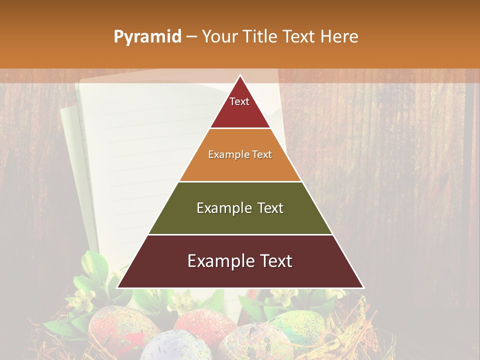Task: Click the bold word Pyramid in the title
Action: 147,37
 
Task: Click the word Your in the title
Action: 218,36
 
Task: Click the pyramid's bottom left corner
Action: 118,287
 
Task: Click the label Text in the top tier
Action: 239,101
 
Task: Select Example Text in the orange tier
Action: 240,154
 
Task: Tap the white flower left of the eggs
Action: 82,299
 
